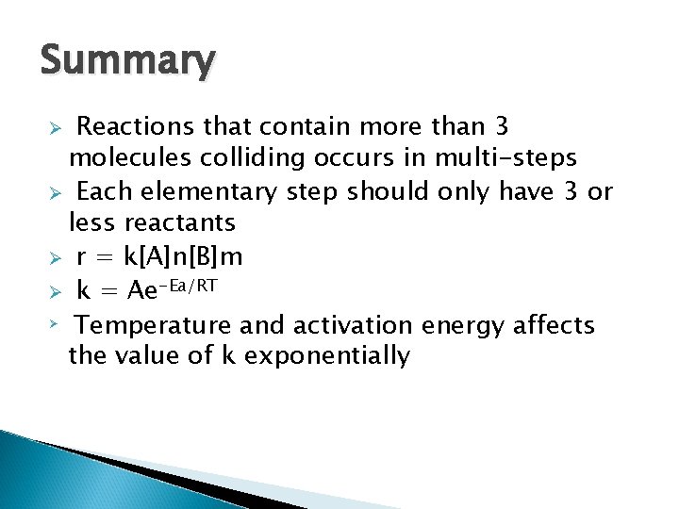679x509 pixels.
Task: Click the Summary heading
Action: coord(127,61)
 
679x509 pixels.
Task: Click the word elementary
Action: coord(208,192)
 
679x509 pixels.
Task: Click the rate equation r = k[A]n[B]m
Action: coord(159,257)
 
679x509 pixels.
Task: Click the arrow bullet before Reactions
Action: coord(56,127)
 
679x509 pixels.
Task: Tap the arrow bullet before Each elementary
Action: coord(56,193)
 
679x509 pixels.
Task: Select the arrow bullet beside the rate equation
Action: coord(56,258)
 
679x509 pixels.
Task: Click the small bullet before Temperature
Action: coord(55,323)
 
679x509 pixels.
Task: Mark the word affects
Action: coord(555,325)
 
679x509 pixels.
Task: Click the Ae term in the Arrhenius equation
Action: coord(143,292)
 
